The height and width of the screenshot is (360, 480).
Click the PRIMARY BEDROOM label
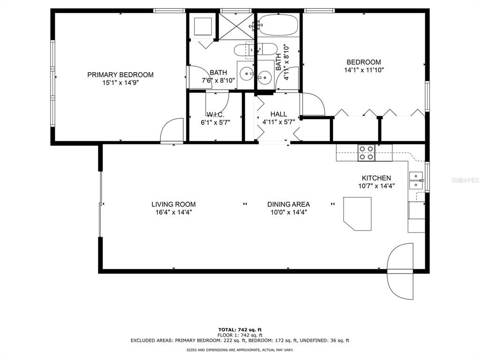coord(120,75)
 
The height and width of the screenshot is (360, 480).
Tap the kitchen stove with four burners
coord(367,153)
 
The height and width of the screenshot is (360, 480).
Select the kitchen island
coord(357,213)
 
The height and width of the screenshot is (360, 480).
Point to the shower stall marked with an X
coord(236,26)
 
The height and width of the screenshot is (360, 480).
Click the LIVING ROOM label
coord(173,204)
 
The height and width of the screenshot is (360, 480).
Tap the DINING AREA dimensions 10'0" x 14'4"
coord(289,212)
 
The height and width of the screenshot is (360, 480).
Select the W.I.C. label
coord(215,115)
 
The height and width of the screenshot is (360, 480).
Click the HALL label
coord(278,114)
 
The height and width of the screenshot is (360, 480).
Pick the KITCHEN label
coord(376,178)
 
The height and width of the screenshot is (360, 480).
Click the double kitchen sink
coord(416,180)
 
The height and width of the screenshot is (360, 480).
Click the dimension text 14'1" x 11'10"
coord(364,70)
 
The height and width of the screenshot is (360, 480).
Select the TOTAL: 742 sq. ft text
coord(240,330)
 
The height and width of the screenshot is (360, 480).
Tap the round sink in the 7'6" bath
coord(246,74)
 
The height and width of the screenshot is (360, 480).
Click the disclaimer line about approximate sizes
coord(240,350)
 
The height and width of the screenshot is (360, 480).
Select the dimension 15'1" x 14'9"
coord(120,82)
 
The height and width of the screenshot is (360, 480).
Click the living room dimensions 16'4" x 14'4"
coord(173,212)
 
